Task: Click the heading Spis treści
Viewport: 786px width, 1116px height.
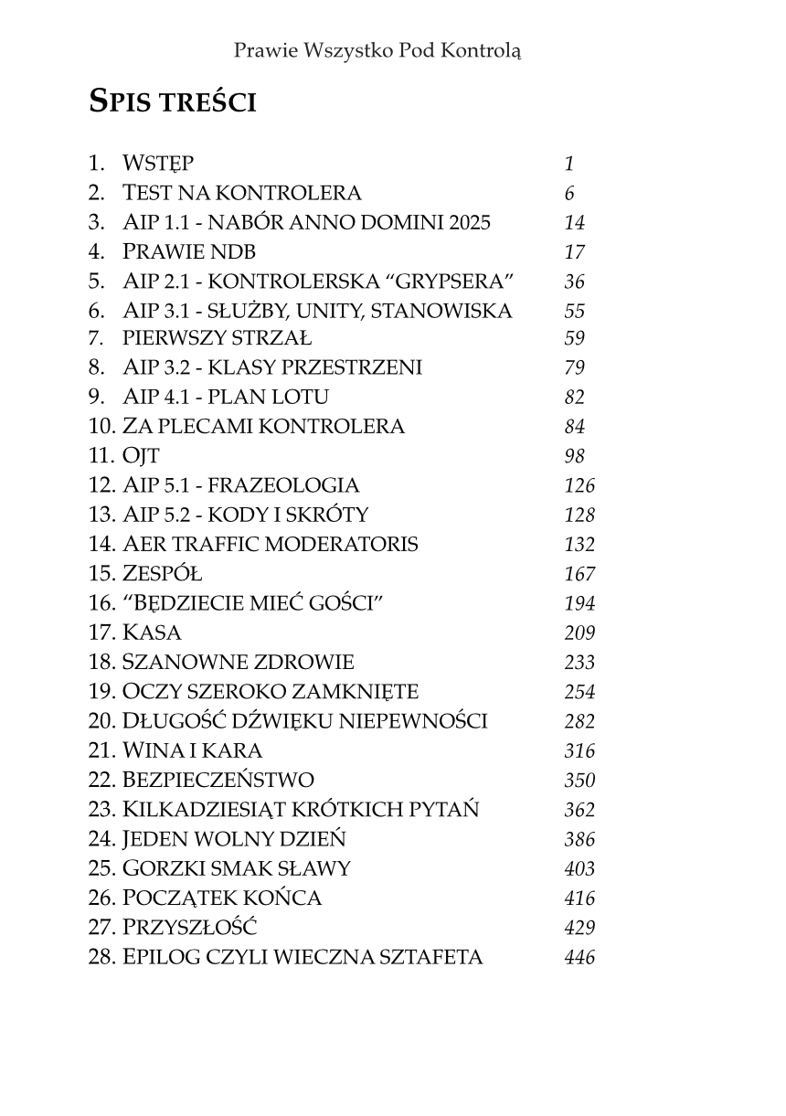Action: point(172,101)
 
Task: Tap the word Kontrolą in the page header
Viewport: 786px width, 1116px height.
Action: point(480,49)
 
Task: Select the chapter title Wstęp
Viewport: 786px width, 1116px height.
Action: point(158,165)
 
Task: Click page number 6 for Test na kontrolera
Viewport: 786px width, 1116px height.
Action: point(569,194)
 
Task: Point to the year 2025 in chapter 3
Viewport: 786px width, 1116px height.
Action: point(469,223)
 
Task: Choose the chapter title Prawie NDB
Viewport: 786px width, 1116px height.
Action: point(189,252)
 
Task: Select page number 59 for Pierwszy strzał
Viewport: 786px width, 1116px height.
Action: point(575,339)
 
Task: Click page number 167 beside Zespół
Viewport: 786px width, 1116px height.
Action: point(579,575)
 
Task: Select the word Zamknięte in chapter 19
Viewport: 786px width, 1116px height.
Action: point(356,692)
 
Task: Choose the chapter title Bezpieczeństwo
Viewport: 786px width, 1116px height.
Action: point(218,781)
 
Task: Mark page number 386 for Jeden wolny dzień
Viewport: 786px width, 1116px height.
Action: point(579,839)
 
